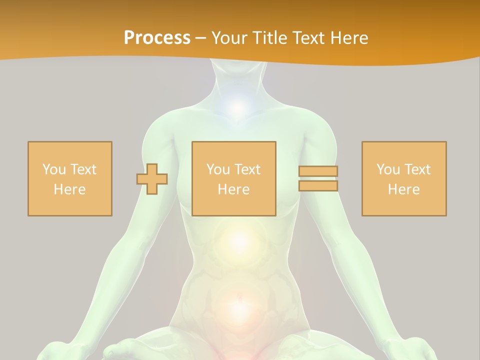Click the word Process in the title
157,38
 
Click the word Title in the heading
269,38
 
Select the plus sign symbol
152,178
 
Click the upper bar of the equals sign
318,171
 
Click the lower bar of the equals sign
318,186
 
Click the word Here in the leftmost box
69,189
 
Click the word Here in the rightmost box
404,189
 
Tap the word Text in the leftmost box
83,169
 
